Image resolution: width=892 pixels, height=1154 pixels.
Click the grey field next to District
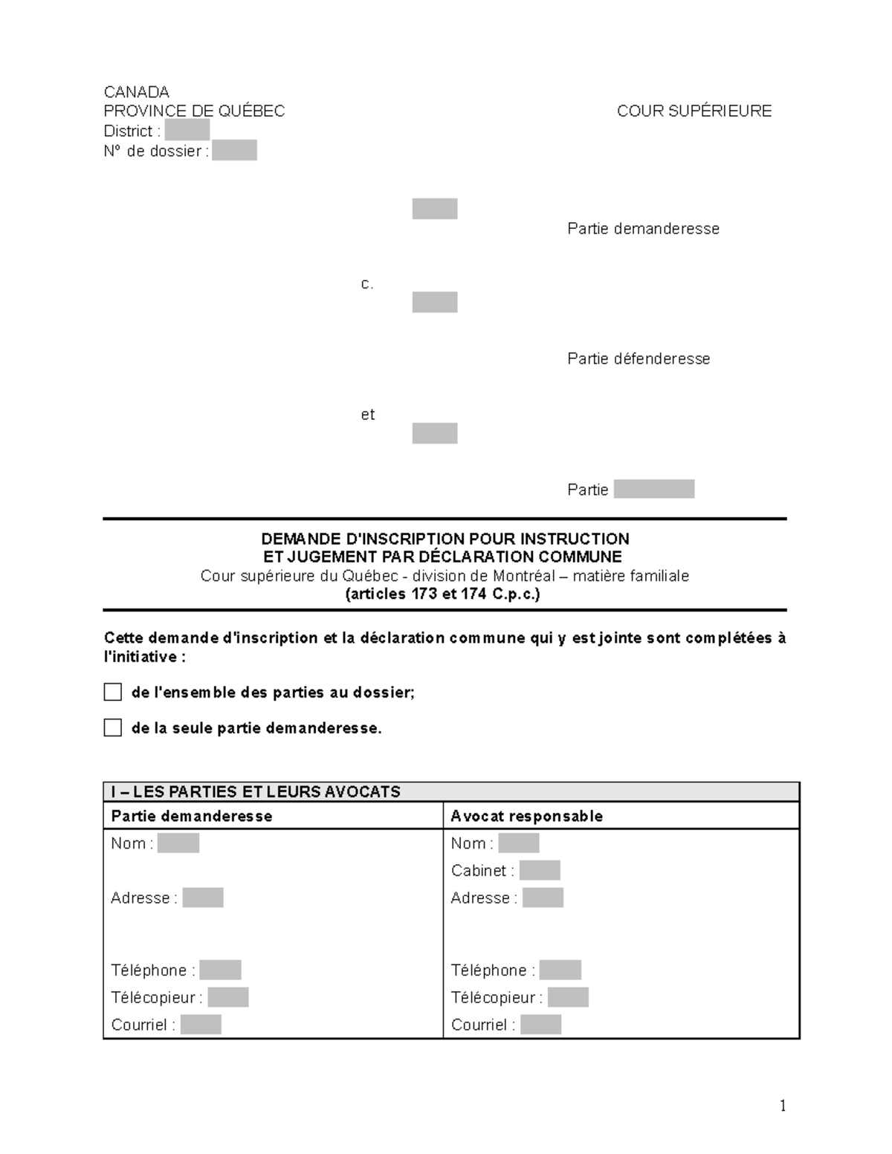coord(187,131)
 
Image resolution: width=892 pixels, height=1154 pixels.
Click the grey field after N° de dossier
coord(234,151)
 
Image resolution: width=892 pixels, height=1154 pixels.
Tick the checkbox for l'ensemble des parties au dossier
coord(113,693)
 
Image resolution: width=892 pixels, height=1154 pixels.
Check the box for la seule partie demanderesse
coord(113,728)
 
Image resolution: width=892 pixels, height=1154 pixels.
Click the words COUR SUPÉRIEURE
coord(694,111)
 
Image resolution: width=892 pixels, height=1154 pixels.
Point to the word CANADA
coord(136,92)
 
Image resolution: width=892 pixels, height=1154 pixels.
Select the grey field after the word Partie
coord(653,489)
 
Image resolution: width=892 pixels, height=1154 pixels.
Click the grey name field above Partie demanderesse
coord(435,209)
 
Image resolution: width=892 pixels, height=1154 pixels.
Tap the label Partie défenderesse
coord(639,359)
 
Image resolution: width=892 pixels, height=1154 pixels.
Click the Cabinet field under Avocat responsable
coord(540,870)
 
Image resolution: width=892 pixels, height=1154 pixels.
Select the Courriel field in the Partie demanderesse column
coord(201,1025)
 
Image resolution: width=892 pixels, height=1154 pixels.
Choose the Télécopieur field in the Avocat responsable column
coord(568,997)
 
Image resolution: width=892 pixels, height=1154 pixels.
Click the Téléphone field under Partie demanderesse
coord(220,970)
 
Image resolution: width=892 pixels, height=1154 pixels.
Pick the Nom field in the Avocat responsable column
coord(518,843)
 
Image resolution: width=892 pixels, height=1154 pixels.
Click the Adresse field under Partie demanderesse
coord(203,898)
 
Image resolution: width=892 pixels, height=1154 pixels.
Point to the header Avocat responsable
coord(526,816)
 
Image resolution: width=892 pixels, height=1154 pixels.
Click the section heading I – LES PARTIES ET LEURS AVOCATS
coord(256,792)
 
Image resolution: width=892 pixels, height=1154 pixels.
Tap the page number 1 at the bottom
coord(783,1106)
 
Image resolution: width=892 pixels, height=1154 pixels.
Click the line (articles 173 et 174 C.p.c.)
coord(443,594)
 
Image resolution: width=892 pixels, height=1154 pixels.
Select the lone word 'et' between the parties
coord(367,415)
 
